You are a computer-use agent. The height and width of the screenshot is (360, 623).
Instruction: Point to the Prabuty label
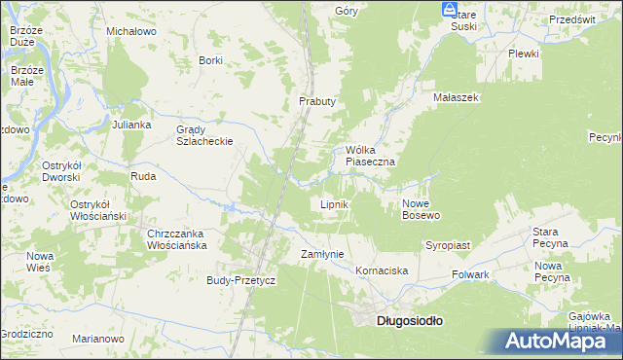317,101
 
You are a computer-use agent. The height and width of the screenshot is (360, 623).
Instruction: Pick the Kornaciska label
381,270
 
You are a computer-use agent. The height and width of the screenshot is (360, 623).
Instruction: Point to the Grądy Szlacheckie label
204,135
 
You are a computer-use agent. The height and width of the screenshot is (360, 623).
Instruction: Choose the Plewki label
524,54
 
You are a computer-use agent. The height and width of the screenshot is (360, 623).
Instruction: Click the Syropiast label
448,246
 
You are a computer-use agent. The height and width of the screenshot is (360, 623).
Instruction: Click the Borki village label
210,60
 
